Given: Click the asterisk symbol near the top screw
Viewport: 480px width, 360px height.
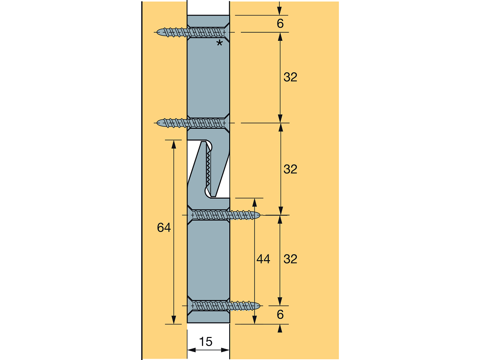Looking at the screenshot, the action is click(x=219, y=43).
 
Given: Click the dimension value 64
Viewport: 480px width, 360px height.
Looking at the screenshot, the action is click(x=164, y=228).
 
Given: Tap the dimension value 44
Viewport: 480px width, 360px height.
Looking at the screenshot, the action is click(x=263, y=259).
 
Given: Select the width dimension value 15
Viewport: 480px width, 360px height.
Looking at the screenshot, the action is click(x=206, y=342).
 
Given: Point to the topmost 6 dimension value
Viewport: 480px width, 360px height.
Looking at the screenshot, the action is click(x=280, y=23).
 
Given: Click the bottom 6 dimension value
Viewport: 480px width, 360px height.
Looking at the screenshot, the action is click(x=280, y=315).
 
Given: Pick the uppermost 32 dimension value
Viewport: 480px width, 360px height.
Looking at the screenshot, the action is click(x=290, y=77).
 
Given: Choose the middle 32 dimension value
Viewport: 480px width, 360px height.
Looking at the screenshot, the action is click(x=290, y=169).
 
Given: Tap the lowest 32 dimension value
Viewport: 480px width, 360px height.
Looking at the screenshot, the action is click(x=290, y=259).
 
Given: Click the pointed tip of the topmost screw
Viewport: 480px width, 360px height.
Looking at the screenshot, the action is click(x=157, y=32).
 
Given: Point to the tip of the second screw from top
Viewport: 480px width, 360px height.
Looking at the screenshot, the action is click(x=157, y=123).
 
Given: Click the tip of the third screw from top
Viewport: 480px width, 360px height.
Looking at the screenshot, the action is click(x=260, y=215).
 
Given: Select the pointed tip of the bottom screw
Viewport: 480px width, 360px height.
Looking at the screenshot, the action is click(x=260, y=306).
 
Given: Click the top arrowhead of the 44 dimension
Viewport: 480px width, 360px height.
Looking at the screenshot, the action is click(x=255, y=202).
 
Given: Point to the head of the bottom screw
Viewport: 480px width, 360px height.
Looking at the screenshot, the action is click(x=191, y=306).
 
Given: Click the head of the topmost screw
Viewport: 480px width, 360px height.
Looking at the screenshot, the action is click(x=226, y=32).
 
